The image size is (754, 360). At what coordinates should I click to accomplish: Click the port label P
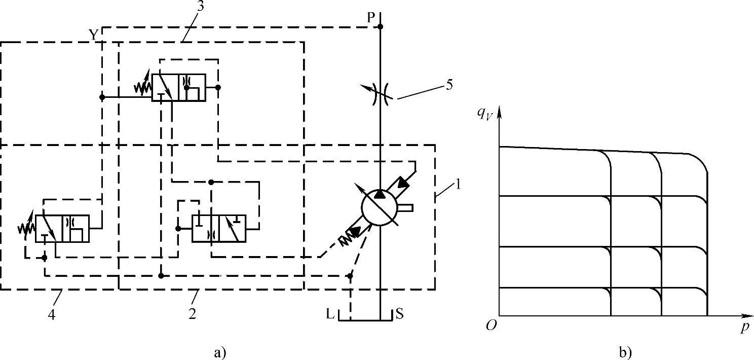pyautogui.click(x=371, y=16)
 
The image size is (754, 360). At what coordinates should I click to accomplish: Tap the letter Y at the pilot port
pyautogui.click(x=93, y=34)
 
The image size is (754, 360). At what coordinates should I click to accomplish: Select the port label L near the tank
pyautogui.click(x=330, y=314)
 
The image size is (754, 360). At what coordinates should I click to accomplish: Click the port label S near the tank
pyautogui.click(x=399, y=314)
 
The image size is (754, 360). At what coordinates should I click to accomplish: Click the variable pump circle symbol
pyautogui.click(x=381, y=207)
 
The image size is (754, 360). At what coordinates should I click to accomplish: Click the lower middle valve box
pyautogui.click(x=219, y=229)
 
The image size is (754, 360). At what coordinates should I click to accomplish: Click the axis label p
pyautogui.click(x=744, y=328)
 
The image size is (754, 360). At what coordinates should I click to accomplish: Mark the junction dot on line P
pyautogui.click(x=381, y=26)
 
